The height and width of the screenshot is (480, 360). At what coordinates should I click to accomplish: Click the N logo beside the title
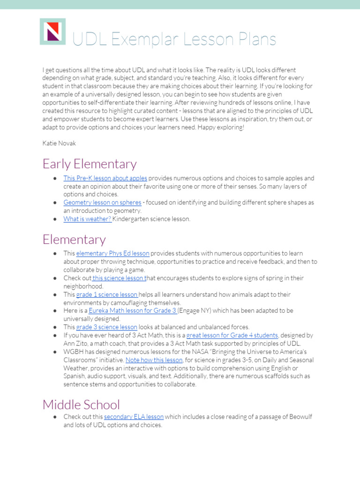click(x=52, y=31)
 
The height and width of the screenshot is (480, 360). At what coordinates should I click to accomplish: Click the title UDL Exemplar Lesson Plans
click(x=173, y=39)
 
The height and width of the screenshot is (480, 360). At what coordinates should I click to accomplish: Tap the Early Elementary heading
click(x=90, y=164)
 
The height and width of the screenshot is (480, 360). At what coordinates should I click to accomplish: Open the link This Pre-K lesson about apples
click(x=105, y=178)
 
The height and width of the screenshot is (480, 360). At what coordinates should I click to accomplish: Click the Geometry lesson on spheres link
click(x=102, y=202)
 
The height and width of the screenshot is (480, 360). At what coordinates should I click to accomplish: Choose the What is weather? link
click(x=88, y=219)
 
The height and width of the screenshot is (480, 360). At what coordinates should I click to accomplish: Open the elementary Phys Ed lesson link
click(x=112, y=254)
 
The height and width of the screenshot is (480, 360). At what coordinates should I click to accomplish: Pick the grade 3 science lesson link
click(x=107, y=327)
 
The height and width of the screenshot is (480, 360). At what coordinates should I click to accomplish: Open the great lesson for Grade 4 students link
click(x=232, y=335)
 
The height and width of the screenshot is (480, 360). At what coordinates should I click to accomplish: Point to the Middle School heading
click(x=81, y=405)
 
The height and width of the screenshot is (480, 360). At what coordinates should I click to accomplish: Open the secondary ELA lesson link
click(x=134, y=417)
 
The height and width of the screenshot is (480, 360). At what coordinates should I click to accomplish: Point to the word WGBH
click(x=73, y=352)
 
